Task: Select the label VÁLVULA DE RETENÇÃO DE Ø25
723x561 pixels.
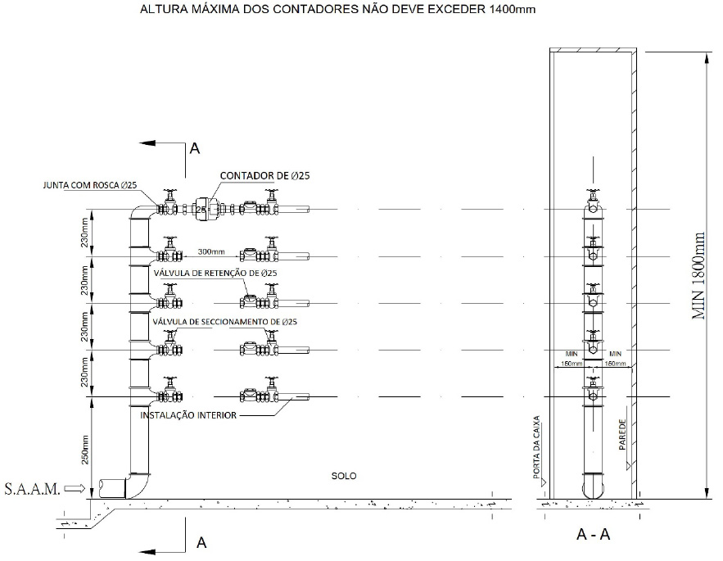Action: [216, 273]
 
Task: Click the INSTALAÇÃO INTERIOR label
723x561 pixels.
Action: [189, 416]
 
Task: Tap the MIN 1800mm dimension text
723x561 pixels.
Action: [698, 274]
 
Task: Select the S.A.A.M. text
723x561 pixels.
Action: [31, 489]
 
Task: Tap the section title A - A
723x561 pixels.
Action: [593, 535]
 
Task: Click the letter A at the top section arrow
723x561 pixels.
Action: [195, 149]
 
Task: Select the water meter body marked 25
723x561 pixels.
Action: [204, 210]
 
